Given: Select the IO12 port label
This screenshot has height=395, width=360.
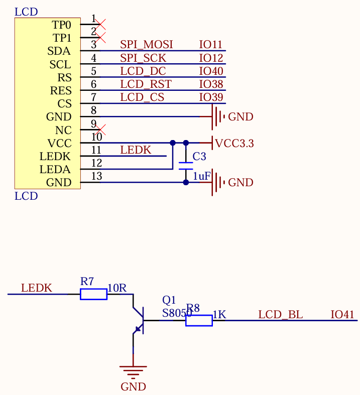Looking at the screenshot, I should [211, 58].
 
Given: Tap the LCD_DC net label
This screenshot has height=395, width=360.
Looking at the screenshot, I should [143, 71].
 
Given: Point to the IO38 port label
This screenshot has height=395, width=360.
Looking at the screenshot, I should [211, 84].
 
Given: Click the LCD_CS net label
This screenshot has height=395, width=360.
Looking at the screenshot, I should [142, 97].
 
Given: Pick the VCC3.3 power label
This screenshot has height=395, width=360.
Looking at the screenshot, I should [234, 144].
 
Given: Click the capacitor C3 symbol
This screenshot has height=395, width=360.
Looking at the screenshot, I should [186, 166].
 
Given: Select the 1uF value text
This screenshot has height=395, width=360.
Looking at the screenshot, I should [201, 176].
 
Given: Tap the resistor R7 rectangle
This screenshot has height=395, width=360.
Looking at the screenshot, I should [93, 294].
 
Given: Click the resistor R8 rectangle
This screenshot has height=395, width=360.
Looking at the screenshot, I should [199, 320].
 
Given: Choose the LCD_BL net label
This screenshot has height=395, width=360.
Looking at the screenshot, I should [280, 315].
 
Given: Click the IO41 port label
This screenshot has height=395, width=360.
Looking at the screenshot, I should [342, 315].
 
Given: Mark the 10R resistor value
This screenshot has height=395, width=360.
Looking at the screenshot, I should [117, 288].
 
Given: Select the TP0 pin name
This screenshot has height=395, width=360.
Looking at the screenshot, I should [62, 25].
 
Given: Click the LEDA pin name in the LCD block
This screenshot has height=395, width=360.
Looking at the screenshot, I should [55, 170].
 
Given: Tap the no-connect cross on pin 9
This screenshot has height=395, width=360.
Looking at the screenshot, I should [100, 128].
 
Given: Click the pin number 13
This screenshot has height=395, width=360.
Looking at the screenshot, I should [96, 176].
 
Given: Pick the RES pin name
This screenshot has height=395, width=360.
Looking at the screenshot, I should [61, 91].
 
